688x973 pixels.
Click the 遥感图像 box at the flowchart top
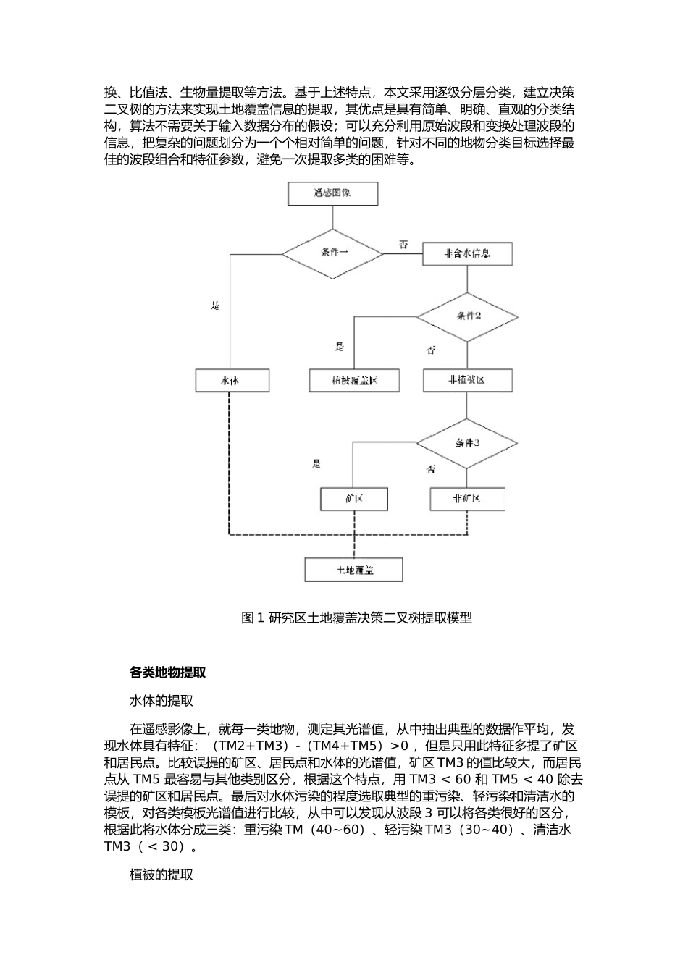[332, 193]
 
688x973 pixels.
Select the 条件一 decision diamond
[332, 253]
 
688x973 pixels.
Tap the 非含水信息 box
[467, 253]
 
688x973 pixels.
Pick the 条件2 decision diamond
[467, 316]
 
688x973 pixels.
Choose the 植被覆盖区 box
[354, 381]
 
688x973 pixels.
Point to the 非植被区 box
[467, 380]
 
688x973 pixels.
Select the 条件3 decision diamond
[467, 443]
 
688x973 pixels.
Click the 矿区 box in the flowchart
[354, 499]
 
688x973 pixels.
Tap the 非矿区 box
[467, 499]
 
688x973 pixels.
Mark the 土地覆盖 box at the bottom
[353, 570]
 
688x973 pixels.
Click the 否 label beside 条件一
[404, 245]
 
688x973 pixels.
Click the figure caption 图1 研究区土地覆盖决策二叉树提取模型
[356, 618]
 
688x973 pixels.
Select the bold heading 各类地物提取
[168, 673]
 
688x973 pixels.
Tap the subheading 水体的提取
[161, 701]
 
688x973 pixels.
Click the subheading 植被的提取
[161, 875]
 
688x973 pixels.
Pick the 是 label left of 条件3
[316, 464]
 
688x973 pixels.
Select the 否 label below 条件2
[432, 351]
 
